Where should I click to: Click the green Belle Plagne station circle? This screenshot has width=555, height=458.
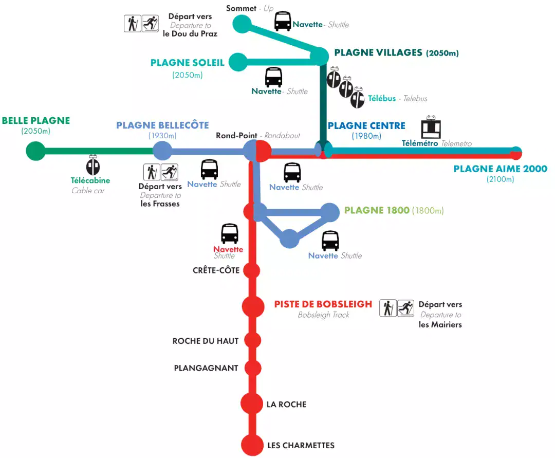point(35,151)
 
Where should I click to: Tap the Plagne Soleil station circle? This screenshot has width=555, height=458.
point(238,62)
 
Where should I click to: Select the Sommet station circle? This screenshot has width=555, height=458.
point(242,24)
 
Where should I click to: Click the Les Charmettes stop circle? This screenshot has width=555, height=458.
point(252,445)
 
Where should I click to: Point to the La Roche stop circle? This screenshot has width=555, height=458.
point(252,404)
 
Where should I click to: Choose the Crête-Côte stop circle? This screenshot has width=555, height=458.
point(252,270)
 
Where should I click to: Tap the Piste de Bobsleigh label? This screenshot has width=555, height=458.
point(323,304)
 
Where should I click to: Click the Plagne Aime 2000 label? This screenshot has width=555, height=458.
point(500,169)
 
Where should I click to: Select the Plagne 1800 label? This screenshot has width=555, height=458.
point(377,210)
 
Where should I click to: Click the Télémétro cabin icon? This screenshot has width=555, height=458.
point(431,129)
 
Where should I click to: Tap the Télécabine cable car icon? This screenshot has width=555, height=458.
point(93,165)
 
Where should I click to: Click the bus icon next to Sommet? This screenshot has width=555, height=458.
point(283,21)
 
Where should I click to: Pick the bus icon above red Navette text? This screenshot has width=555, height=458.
point(229,234)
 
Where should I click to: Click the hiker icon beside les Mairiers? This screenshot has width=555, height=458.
point(388,308)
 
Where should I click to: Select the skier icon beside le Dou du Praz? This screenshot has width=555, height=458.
point(150,24)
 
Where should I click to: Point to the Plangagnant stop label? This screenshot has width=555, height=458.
point(206,368)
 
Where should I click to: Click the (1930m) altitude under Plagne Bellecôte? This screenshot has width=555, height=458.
point(162,136)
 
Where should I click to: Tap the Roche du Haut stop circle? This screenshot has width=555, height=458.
point(252,340)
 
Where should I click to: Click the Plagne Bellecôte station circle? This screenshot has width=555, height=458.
point(162,151)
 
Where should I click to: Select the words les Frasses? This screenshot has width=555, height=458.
point(160,204)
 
